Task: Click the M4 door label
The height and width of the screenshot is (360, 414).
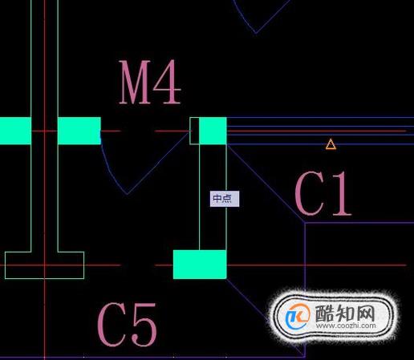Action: tap(150, 82)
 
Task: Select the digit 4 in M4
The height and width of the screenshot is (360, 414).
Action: tap(167, 82)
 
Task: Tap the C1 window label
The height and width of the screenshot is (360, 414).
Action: tap(323, 193)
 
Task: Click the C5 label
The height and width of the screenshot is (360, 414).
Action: tap(127, 324)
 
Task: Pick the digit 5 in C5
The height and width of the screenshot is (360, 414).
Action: tap(144, 324)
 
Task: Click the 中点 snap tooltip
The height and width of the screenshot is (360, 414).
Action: tap(225, 199)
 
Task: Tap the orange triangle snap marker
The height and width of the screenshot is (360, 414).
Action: tap(331, 144)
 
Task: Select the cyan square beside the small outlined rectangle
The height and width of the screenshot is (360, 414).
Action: tap(213, 131)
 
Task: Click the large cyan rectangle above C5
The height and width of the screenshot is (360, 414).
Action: tap(200, 265)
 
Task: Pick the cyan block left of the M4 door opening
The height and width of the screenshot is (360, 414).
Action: tap(79, 131)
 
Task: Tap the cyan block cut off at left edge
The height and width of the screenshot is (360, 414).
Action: tap(15, 131)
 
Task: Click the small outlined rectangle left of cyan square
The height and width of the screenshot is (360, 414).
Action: tap(194, 131)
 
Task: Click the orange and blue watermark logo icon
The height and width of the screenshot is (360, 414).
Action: tap(298, 316)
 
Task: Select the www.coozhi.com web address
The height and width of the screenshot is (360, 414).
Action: tap(346, 326)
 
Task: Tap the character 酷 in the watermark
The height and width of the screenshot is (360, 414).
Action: tap(325, 313)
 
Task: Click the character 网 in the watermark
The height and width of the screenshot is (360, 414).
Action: tap(365, 313)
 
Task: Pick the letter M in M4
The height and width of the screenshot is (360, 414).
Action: tap(135, 82)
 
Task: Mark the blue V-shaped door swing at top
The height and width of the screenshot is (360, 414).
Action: tap(256, 33)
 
